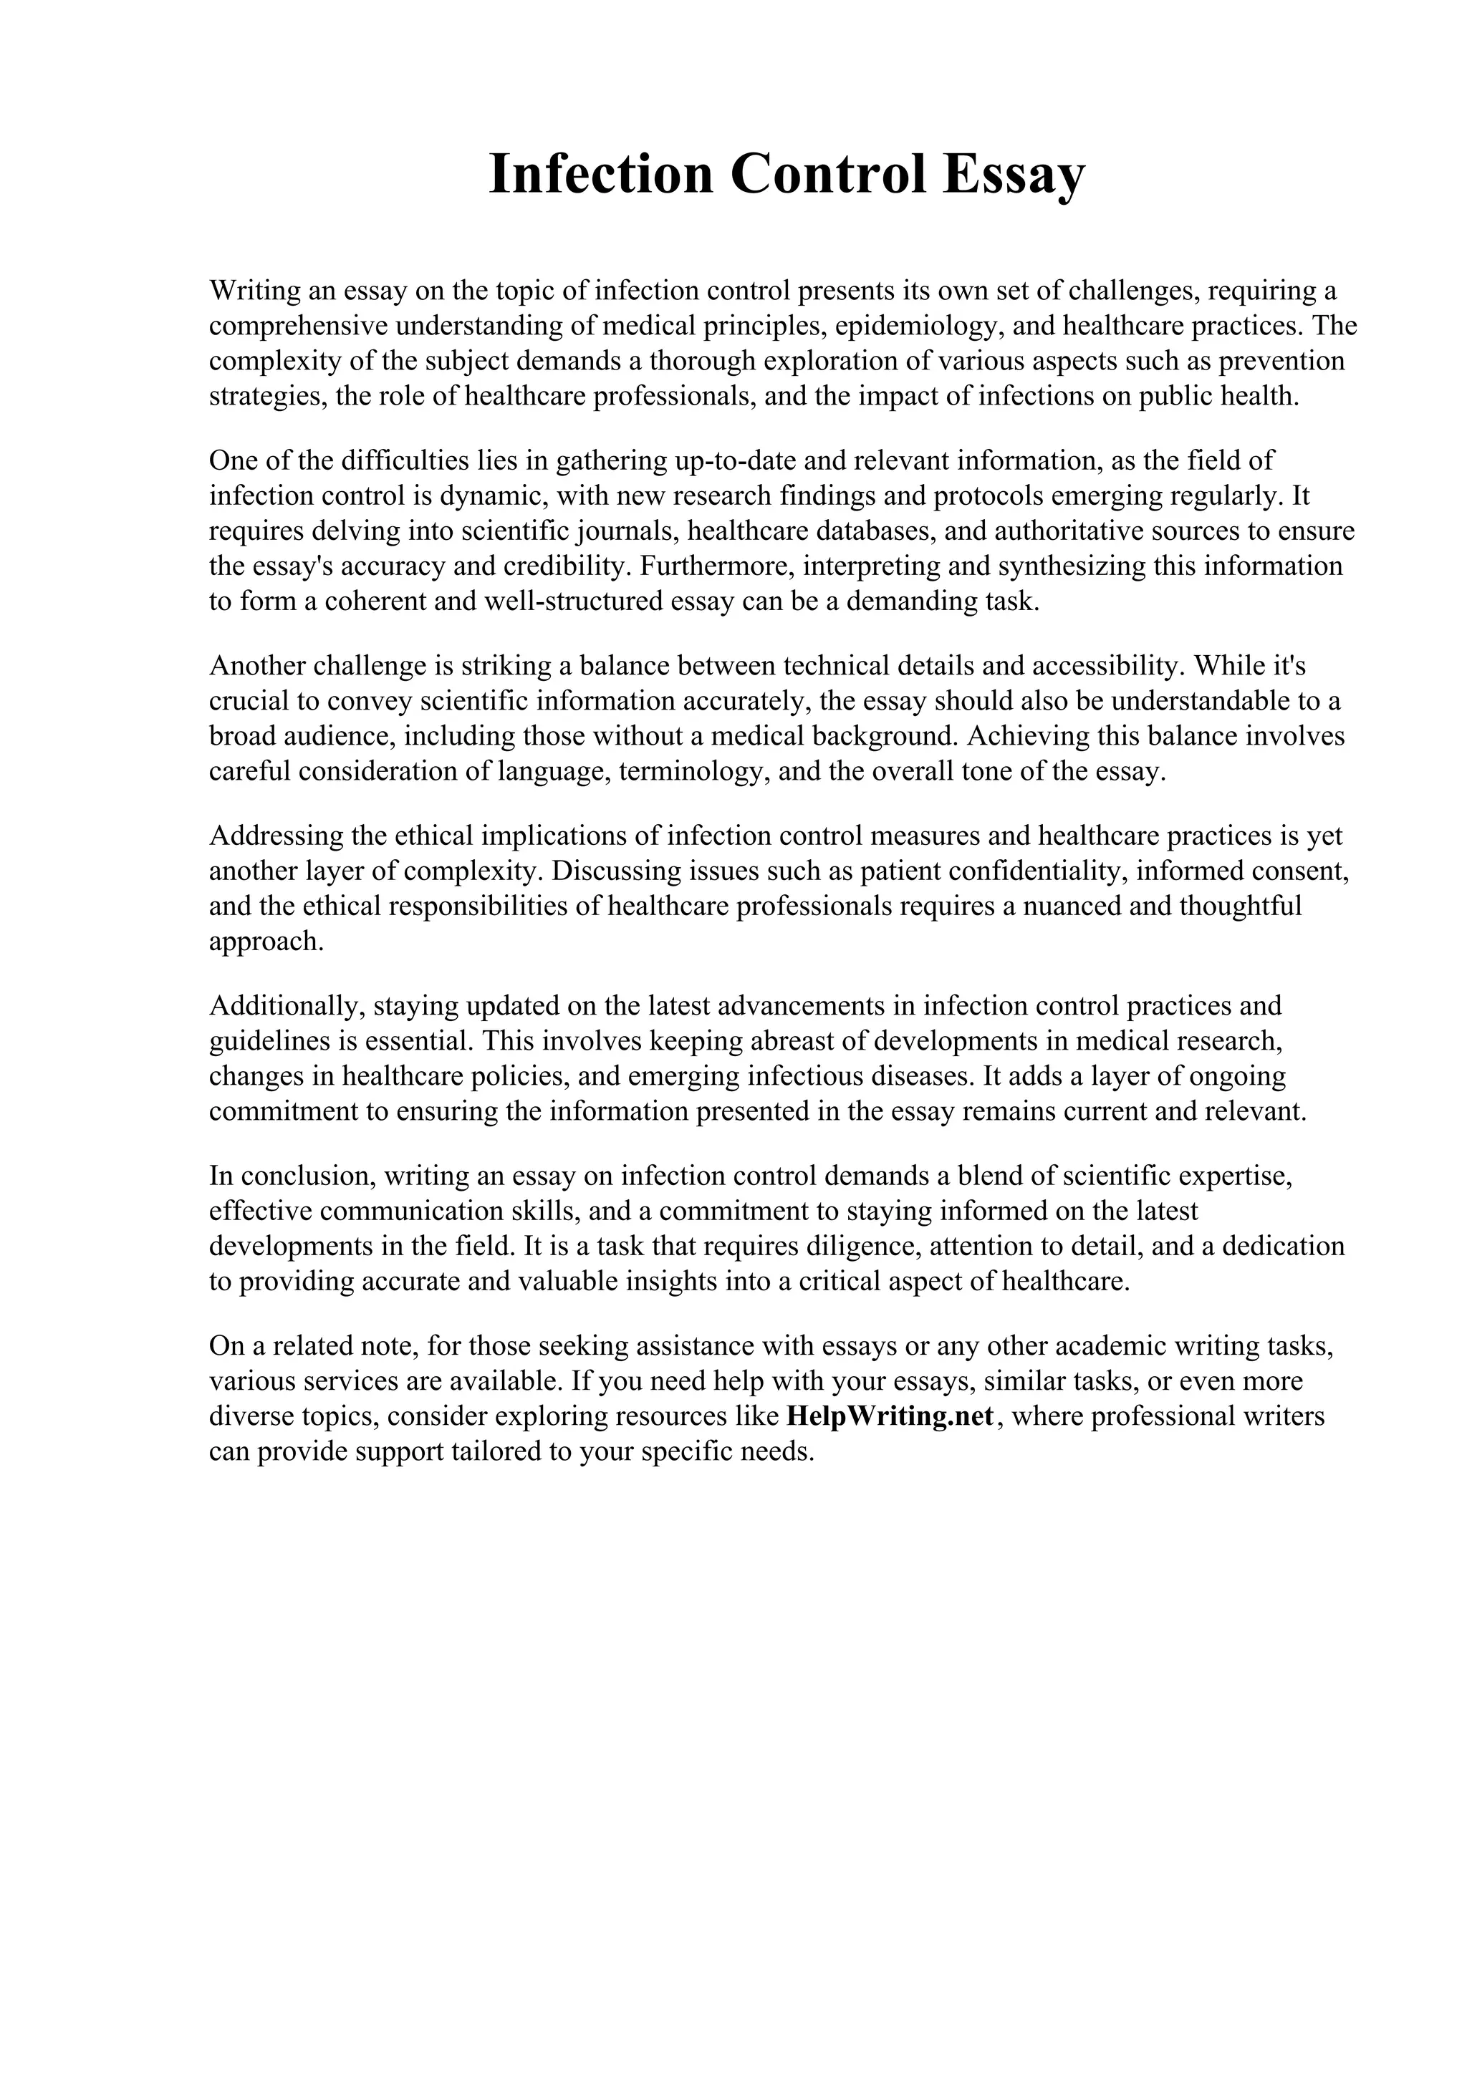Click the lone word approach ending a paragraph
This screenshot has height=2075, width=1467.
click(265, 942)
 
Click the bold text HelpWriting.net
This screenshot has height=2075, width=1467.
click(890, 1416)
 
